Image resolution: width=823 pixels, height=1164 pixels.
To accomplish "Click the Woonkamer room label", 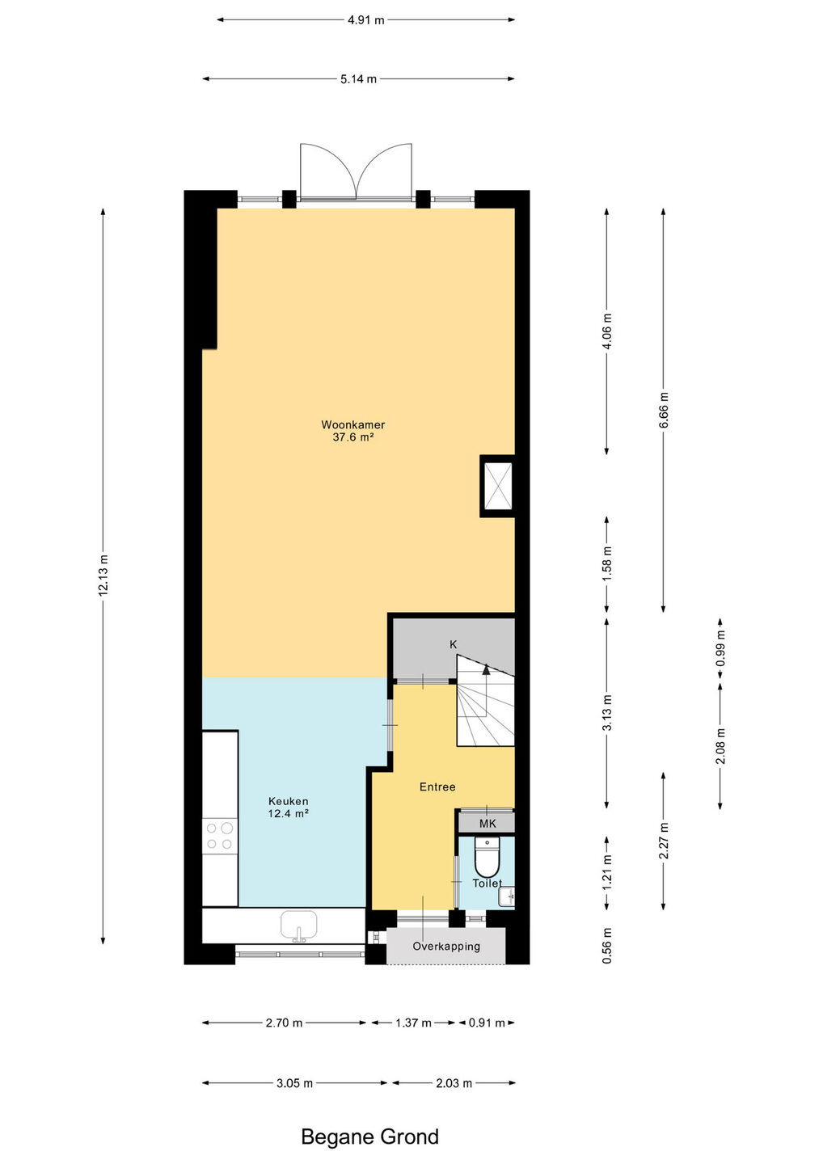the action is (352, 424).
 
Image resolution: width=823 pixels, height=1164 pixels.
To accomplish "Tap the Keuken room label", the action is (289, 801).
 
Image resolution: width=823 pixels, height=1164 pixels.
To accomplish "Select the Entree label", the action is (437, 787).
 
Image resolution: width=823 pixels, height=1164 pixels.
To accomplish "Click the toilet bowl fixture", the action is (487, 857).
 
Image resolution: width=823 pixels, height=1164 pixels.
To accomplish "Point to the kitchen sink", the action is (299, 926).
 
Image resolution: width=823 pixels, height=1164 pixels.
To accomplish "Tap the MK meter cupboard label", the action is (487, 823).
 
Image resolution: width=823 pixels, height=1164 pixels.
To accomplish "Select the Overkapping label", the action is (446, 946).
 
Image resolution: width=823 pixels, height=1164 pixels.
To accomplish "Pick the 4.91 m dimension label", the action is (365, 20).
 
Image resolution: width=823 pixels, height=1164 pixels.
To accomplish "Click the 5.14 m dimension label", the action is (358, 79).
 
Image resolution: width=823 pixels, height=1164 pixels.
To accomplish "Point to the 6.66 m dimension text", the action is (664, 410).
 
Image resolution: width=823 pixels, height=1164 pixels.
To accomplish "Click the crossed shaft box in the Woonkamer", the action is (498, 486).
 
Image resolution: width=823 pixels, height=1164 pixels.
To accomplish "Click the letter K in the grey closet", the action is (453, 644).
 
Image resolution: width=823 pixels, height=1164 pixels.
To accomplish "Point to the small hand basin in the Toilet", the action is (507, 896).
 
